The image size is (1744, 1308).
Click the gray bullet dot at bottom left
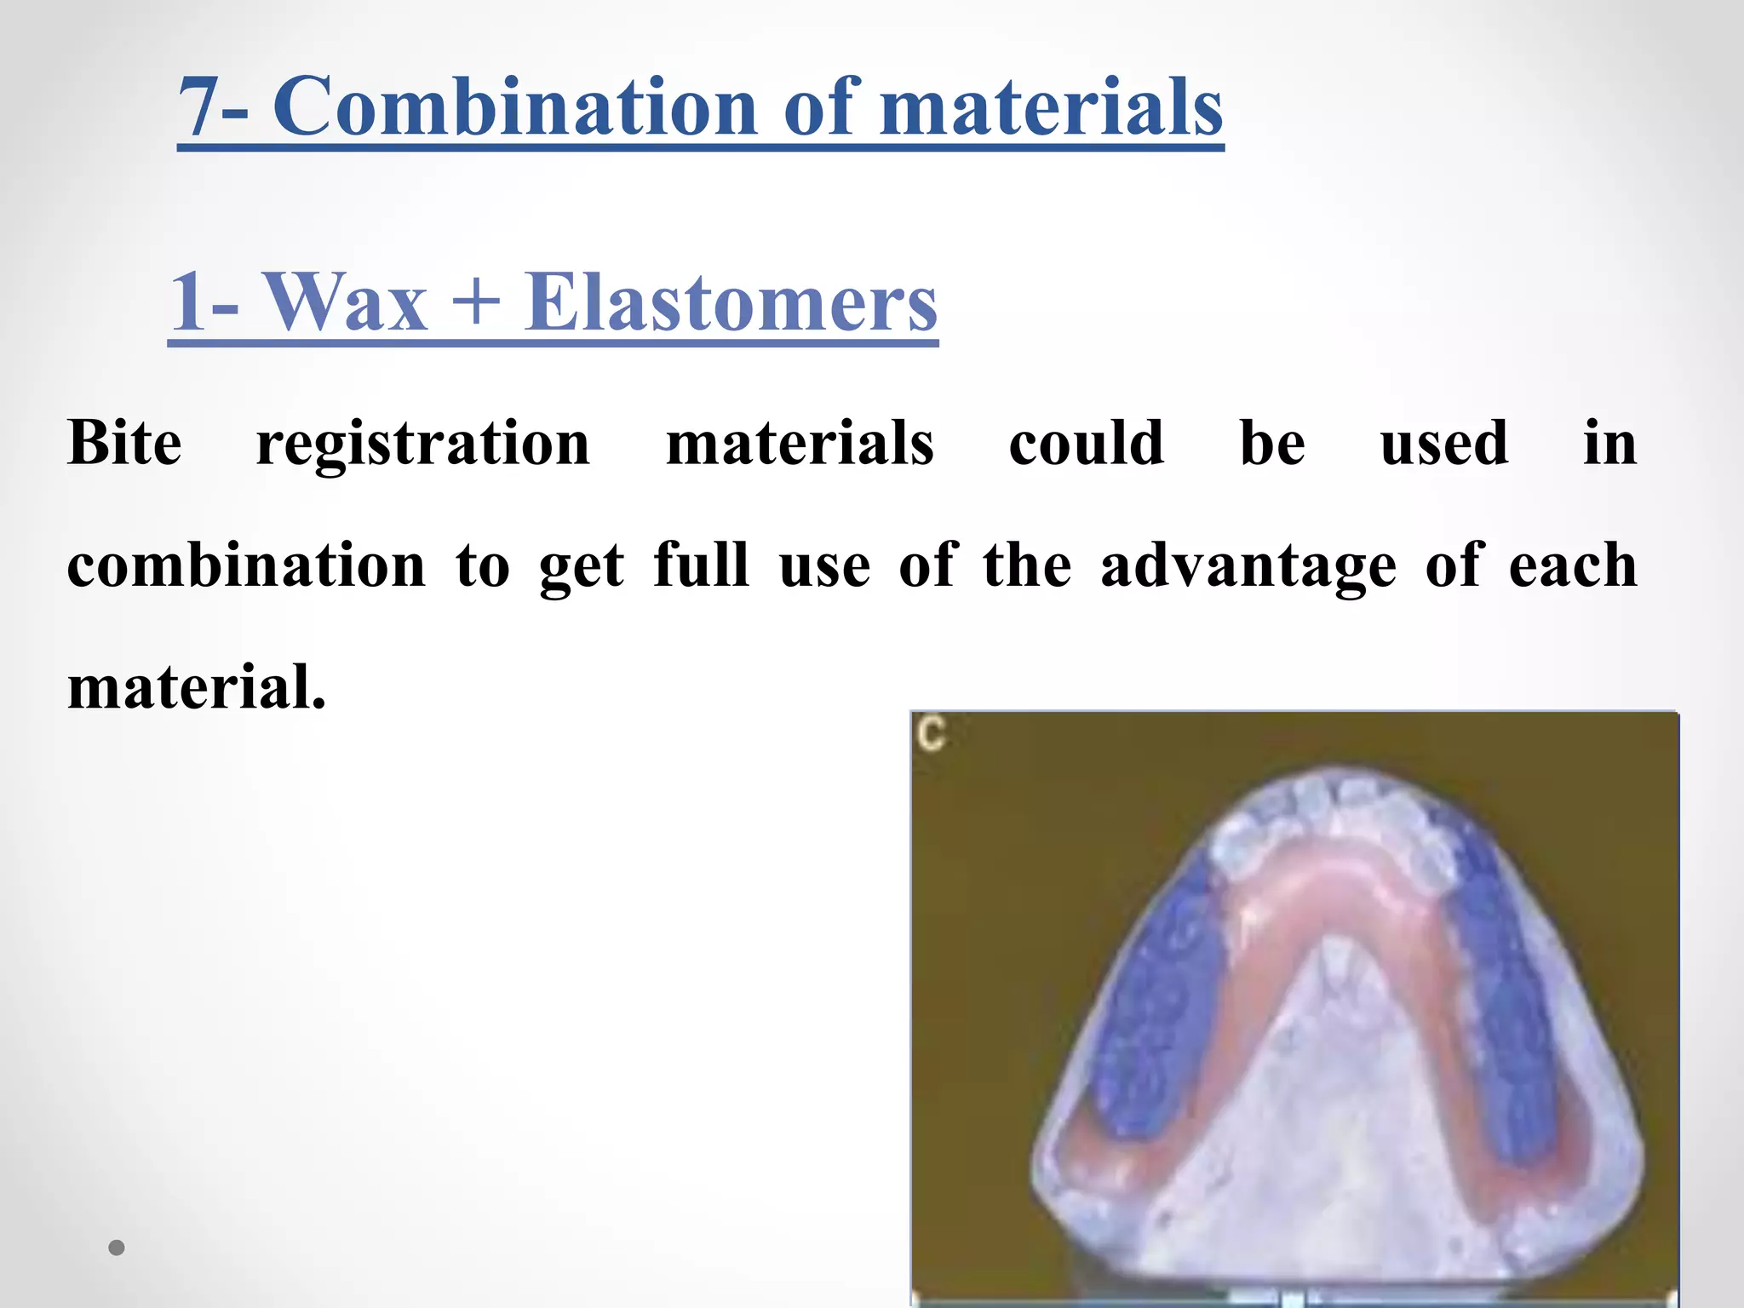point(117,1248)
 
